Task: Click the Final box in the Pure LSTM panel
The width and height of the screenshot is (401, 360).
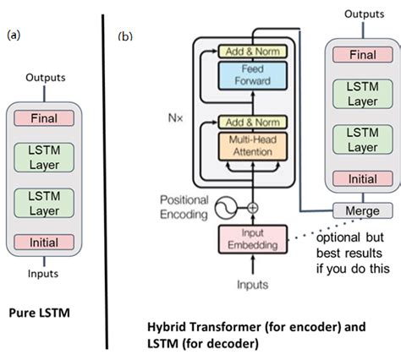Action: click(44, 120)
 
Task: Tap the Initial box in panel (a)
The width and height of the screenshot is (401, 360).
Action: click(44, 243)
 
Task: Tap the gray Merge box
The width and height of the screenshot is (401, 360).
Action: click(362, 210)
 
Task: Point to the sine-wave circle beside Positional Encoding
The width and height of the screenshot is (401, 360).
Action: click(225, 205)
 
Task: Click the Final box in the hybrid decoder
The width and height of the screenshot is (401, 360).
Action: click(362, 55)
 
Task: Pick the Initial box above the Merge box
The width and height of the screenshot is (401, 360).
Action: click(362, 178)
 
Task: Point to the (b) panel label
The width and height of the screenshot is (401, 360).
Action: click(124, 37)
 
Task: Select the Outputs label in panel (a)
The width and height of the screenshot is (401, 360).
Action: click(44, 77)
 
